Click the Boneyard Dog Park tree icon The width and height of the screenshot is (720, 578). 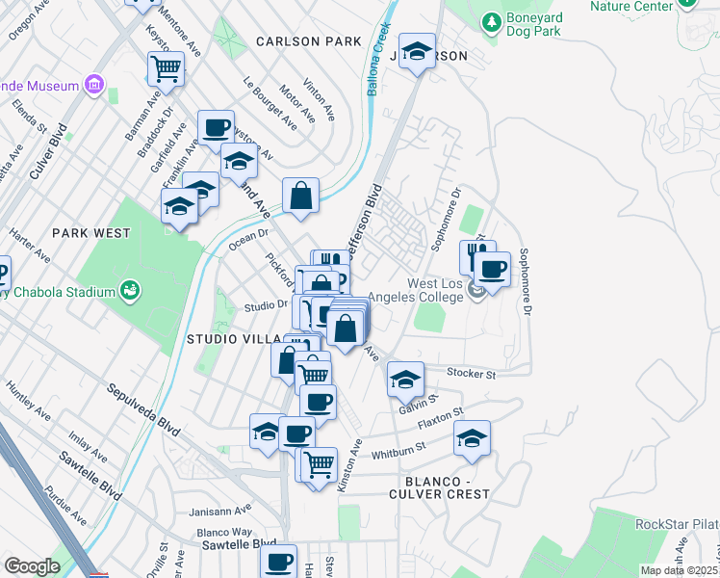(x=492, y=20)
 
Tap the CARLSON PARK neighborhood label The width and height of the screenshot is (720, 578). (x=308, y=41)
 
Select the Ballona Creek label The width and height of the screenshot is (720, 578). (x=377, y=60)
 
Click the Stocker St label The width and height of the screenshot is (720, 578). (x=471, y=373)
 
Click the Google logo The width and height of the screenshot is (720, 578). (x=31, y=566)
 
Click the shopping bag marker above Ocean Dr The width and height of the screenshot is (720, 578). (x=301, y=196)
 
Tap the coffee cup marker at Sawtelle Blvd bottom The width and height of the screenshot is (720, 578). (x=280, y=561)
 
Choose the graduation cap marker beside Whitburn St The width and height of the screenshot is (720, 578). (x=472, y=438)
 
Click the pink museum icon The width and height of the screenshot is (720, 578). (x=94, y=86)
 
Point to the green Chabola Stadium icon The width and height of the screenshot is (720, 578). (x=128, y=290)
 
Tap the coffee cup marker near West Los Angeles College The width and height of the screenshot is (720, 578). (x=493, y=269)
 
